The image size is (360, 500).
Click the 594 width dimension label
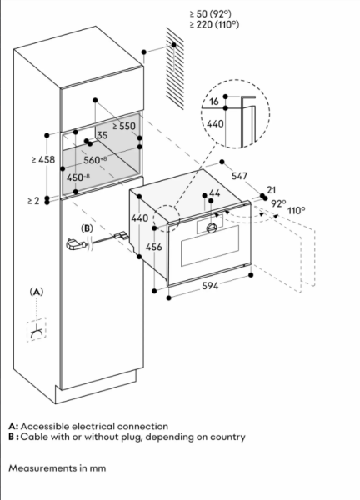(210, 286)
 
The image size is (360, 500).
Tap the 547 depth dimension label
(239, 176)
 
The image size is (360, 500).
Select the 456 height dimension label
(153, 247)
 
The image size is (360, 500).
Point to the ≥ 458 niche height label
(43, 159)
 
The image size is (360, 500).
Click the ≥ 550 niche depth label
(124, 127)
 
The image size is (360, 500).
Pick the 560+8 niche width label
(95, 160)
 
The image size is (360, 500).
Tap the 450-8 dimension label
(78, 177)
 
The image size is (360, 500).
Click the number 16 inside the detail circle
(214, 102)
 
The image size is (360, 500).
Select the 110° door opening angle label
(296, 211)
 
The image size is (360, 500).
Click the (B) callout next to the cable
(87, 228)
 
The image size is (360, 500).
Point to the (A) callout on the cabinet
(37, 292)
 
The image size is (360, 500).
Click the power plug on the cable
(76, 245)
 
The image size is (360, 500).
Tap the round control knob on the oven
(212, 227)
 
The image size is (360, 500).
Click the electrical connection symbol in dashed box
(37, 331)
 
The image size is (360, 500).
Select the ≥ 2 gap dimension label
(33, 201)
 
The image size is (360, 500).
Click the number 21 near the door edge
(271, 190)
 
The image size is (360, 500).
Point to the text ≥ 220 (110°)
(214, 24)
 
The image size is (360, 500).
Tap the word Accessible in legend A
(45, 427)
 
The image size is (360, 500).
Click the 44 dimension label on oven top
(215, 193)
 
